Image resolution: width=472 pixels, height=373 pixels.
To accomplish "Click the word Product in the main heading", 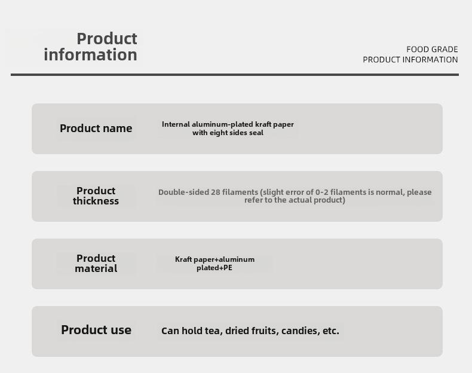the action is click(x=107, y=38).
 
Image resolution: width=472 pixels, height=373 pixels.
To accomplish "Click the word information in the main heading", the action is click(x=90, y=54).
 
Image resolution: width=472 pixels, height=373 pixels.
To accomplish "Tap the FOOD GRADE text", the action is click(x=432, y=49).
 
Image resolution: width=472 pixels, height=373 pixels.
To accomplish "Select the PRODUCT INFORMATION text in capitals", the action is click(x=410, y=60).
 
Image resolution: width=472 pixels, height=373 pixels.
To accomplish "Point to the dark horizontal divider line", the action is click(x=235, y=75).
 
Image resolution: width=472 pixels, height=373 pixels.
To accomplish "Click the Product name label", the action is click(x=96, y=129).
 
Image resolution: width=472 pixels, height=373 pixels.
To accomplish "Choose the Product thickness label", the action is click(x=96, y=195).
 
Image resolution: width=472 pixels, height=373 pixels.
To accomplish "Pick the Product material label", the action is click(x=96, y=264).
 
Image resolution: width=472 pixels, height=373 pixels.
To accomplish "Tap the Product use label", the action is click(x=96, y=330).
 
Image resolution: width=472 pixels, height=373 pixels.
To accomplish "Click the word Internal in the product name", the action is click(x=176, y=124).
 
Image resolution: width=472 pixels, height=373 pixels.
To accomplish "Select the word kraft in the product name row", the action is click(x=263, y=124).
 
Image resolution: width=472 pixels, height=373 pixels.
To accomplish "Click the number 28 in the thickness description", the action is click(x=216, y=192).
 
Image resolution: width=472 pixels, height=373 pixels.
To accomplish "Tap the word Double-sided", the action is click(x=183, y=192).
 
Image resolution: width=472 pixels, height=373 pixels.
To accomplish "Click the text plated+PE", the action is click(x=214, y=268).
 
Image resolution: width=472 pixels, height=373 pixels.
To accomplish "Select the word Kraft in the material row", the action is click(x=183, y=259).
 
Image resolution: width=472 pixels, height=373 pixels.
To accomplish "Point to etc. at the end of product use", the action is click(x=331, y=331).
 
